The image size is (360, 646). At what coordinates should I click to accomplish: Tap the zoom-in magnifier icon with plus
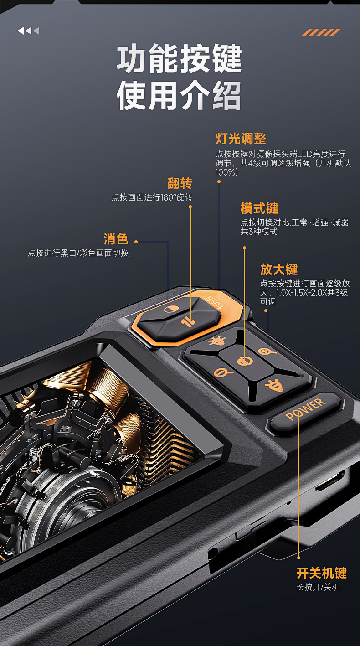click(267, 351)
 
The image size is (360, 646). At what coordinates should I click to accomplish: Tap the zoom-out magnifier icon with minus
click(223, 373)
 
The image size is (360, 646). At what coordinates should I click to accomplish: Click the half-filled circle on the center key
click(245, 361)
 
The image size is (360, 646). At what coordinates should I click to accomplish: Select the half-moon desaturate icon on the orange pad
click(171, 309)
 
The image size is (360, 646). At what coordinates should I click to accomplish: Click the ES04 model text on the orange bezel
click(214, 302)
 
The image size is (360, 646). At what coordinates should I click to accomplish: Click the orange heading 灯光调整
click(241, 139)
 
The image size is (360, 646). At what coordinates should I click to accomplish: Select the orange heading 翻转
click(180, 183)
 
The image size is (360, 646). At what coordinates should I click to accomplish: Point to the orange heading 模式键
click(259, 208)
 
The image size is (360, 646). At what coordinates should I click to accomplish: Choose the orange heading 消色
click(116, 239)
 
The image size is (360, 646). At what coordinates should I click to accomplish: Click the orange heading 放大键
click(279, 269)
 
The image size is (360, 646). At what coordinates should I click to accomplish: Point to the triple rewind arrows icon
click(28, 31)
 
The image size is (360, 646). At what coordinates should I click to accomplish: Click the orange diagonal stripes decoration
click(321, 32)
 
